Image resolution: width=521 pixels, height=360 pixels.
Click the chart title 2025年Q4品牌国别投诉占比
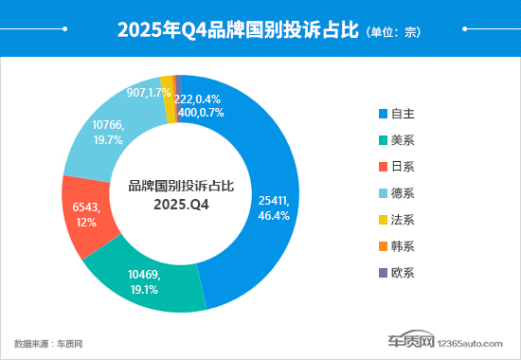point(238,29)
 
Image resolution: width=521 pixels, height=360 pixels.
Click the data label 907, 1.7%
point(148,93)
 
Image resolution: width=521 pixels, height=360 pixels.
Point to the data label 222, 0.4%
point(225,99)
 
